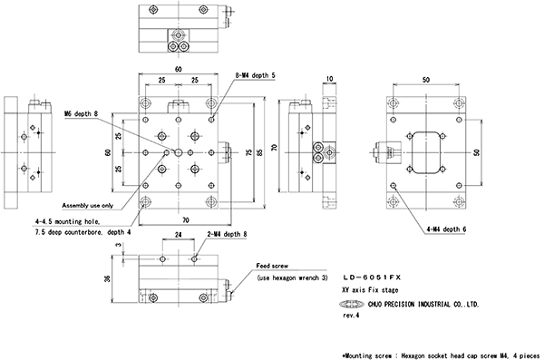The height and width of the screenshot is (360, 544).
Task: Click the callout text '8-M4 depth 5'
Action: tap(255, 75)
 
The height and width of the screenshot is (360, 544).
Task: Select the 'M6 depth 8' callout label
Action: tap(82, 114)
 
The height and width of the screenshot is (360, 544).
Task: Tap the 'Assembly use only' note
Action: tap(88, 206)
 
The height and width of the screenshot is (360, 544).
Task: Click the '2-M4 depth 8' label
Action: tap(228, 234)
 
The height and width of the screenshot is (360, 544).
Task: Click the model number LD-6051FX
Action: tap(372, 277)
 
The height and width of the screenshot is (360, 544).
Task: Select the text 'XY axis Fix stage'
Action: tap(370, 290)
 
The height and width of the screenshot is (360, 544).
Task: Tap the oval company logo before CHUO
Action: tap(352, 305)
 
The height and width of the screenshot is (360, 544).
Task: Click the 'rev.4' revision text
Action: tap(351, 316)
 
